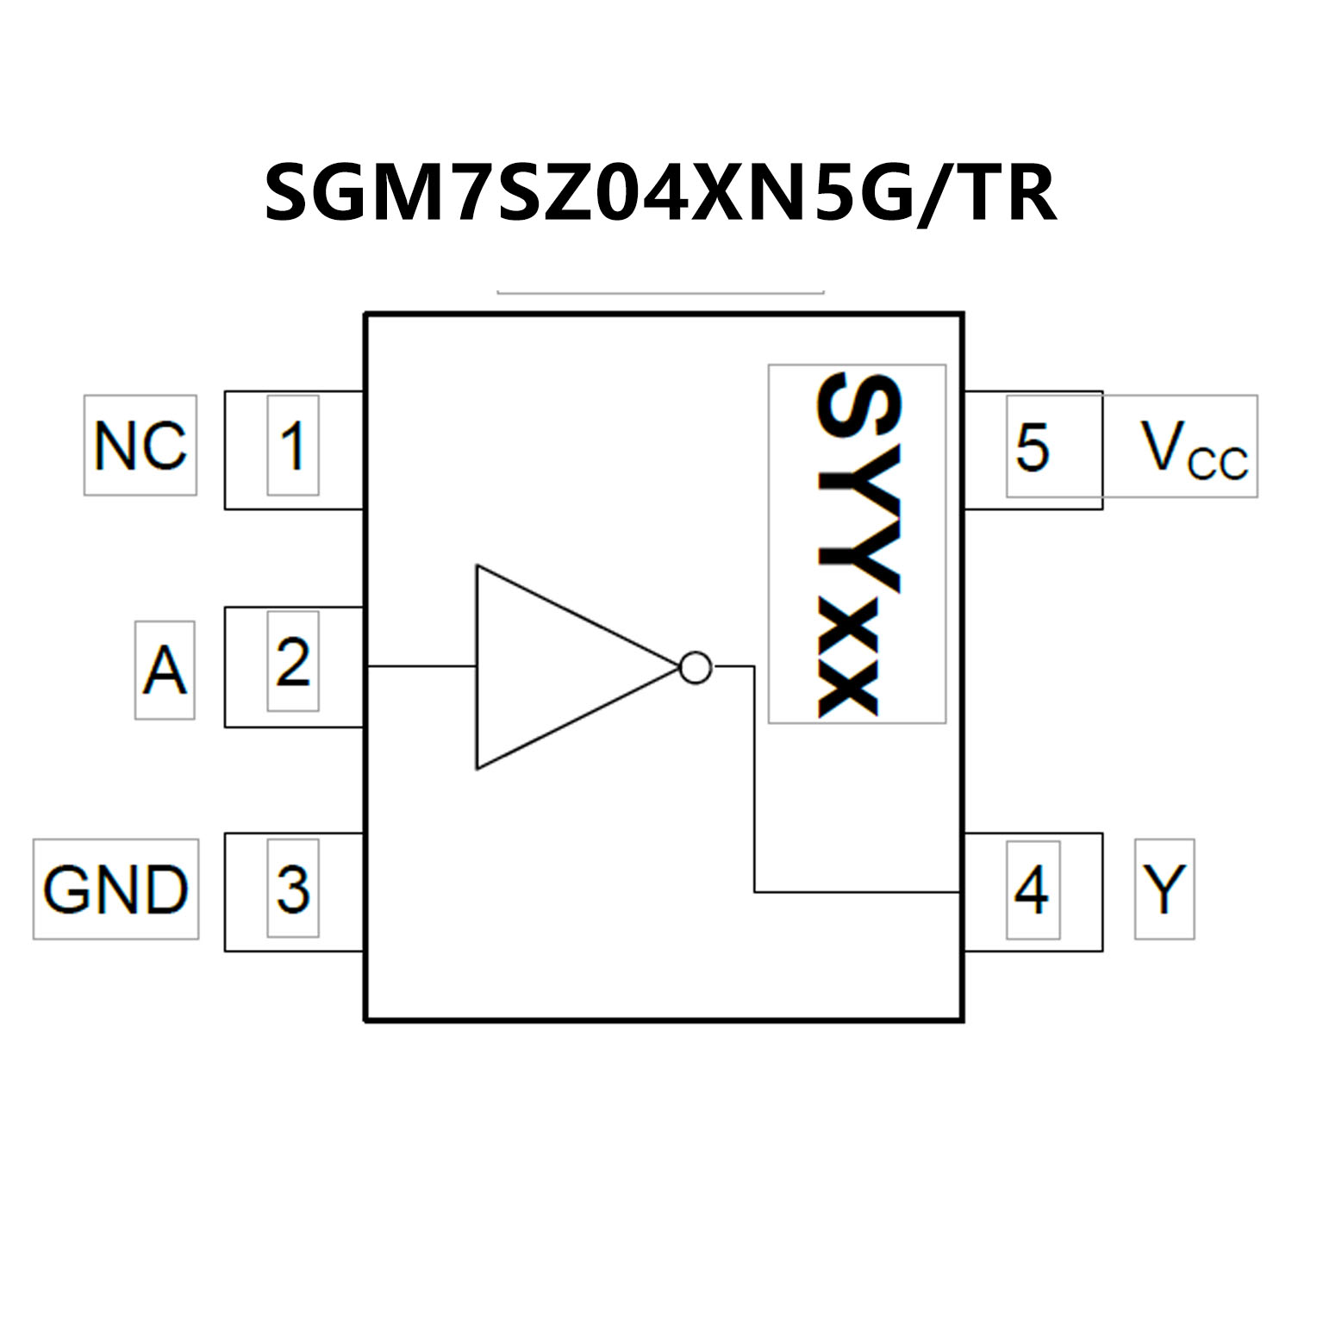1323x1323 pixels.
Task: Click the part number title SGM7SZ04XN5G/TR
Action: [x=659, y=194]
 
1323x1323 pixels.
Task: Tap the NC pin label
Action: [x=140, y=446]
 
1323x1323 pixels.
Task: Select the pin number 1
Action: [x=293, y=446]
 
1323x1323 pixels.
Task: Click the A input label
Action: [x=165, y=671]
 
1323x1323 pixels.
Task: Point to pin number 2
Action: [x=293, y=662]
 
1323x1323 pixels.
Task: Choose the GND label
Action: [x=115, y=889]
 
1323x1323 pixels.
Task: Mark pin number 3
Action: [x=293, y=889]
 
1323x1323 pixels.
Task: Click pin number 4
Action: [x=1033, y=889]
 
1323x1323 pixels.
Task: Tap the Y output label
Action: [x=1164, y=889]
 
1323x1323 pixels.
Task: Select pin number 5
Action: [x=1033, y=446]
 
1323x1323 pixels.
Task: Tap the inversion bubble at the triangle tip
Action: [x=696, y=667]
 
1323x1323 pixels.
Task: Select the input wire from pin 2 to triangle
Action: [x=421, y=666]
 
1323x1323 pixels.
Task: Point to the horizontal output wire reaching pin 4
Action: [x=858, y=892]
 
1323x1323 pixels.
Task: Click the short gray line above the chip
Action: [x=660, y=293]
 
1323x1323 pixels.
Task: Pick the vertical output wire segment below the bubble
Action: [x=754, y=776]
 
